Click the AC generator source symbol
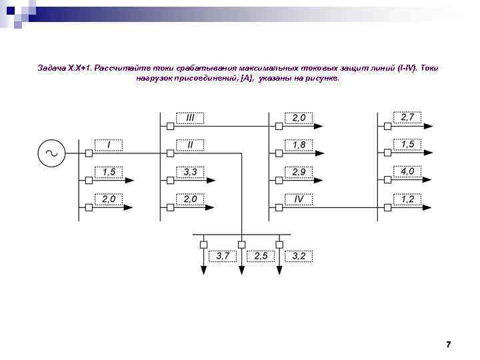(51, 153)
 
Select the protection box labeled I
(109, 145)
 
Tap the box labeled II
(190, 145)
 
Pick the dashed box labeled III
(190, 117)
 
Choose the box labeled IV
(299, 199)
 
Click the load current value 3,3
(190, 172)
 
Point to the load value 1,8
(299, 145)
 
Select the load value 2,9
(299, 172)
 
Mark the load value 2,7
(407, 117)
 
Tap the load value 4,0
(407, 172)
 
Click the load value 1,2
(407, 199)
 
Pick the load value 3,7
(223, 256)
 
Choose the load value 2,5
(261, 256)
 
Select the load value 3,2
(299, 256)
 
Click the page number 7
(448, 344)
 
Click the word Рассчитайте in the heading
(122, 69)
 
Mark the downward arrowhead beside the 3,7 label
(204, 269)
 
